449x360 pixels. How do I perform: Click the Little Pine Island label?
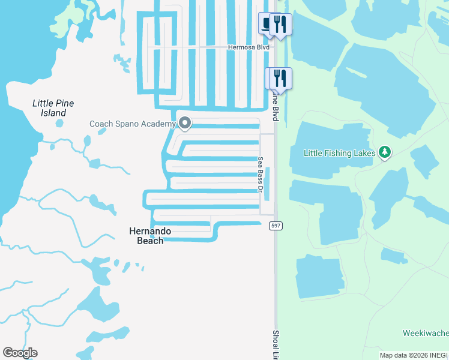(x=53, y=108)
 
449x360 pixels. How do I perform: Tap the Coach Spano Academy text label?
(x=132, y=124)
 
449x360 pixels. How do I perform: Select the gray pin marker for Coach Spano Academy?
(x=185, y=124)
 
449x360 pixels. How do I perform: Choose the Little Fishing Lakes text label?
(x=340, y=153)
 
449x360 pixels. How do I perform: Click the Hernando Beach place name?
(x=151, y=236)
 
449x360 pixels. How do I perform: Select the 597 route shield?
(x=276, y=226)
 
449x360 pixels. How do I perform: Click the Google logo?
(x=20, y=353)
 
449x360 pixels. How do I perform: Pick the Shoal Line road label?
(x=276, y=345)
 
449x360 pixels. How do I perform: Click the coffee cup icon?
(x=267, y=24)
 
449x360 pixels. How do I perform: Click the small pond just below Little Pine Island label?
(x=59, y=124)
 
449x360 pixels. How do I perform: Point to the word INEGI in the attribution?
(x=439, y=355)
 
